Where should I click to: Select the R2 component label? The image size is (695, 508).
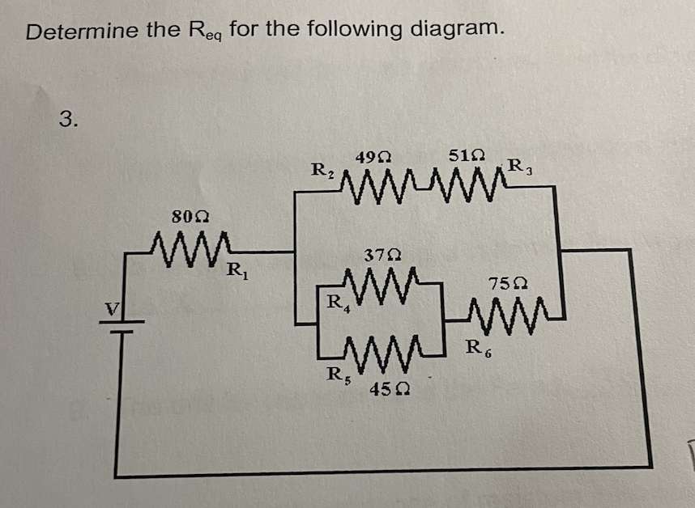[x=322, y=171]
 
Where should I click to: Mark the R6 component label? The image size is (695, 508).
[x=478, y=349]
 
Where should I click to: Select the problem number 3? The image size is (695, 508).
[x=70, y=121]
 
